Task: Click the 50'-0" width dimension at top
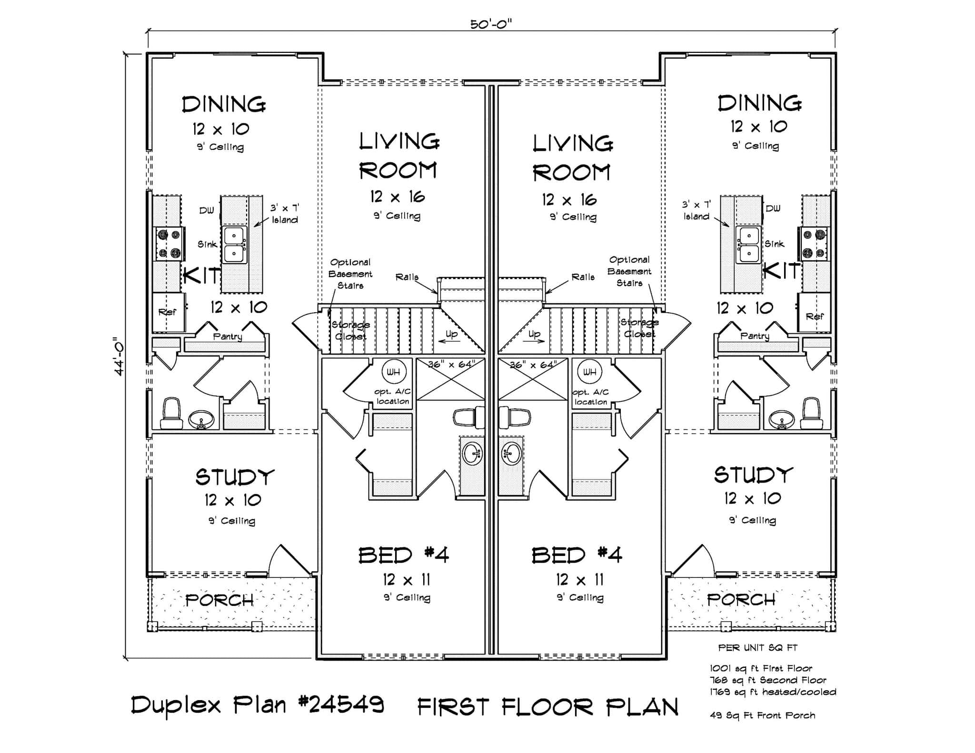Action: click(490, 24)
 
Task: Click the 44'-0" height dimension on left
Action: click(119, 356)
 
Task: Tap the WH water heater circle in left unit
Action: click(393, 372)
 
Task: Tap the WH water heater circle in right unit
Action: click(589, 372)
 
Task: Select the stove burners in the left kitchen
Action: click(169, 243)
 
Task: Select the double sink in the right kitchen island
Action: click(748, 245)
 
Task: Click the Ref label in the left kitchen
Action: click(167, 312)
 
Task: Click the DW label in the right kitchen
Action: click(773, 208)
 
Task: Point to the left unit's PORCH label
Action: click(219, 600)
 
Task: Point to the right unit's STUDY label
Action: click(753, 475)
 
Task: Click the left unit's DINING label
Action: click(224, 104)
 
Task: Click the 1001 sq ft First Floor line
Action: click(761, 668)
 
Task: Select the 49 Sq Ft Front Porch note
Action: click(762, 715)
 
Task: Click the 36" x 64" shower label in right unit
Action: click(533, 365)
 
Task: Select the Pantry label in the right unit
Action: click(755, 336)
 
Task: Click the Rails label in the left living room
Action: click(407, 277)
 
